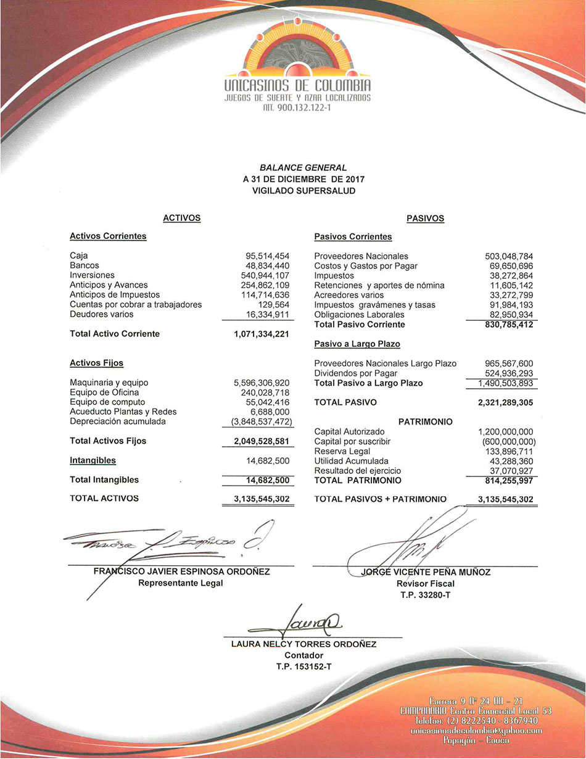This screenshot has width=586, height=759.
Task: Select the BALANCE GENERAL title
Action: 303,167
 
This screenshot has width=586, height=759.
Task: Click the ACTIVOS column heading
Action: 181,218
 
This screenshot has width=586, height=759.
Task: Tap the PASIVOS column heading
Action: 425,218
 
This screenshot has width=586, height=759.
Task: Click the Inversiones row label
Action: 92,275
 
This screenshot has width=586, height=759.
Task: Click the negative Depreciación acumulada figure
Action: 257,421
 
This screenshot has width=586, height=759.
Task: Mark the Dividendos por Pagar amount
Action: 505,373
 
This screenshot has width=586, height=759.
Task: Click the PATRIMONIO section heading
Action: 425,422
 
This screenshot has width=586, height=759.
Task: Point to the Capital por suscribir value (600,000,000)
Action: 505,442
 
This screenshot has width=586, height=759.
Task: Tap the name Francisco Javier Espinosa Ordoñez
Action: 181,571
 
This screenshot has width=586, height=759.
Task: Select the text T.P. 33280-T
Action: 425,595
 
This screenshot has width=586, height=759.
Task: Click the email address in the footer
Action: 476,731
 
